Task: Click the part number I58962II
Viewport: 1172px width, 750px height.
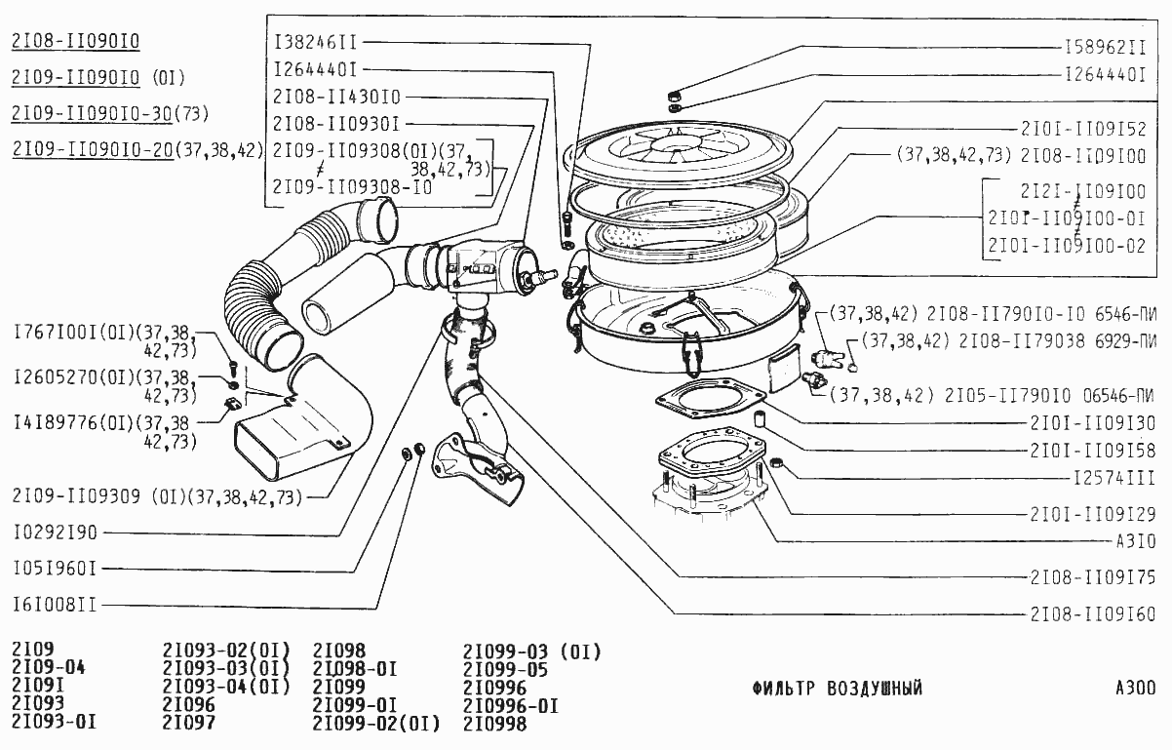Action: pos(1105,47)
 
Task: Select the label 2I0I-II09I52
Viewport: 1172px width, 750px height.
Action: pos(1088,129)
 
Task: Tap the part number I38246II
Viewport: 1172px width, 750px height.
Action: pos(316,43)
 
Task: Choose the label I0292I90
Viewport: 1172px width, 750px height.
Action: pos(56,533)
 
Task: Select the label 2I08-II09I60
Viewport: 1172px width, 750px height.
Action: pos(1093,614)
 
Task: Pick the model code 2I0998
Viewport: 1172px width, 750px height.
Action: pos(494,724)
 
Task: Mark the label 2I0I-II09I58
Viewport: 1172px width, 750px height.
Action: pos(1093,451)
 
